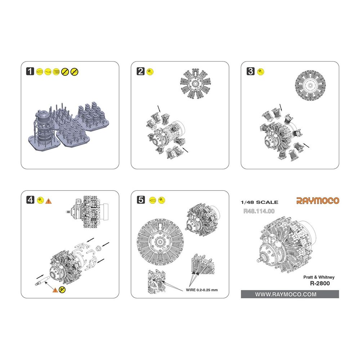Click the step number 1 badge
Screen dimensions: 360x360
click(30, 71)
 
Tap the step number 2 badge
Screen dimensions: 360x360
click(140, 71)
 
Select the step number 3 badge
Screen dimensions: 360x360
click(251, 71)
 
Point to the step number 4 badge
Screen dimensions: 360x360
click(30, 200)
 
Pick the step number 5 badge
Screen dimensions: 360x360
click(140, 200)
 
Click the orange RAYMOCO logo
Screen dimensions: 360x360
click(318, 201)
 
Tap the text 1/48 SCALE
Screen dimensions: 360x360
click(260, 202)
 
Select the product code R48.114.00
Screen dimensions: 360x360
click(259, 211)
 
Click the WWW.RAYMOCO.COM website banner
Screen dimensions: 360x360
click(290, 294)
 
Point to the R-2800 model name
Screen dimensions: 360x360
click(320, 283)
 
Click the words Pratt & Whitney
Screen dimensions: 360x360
click(319, 277)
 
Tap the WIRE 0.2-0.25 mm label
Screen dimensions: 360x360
click(202, 290)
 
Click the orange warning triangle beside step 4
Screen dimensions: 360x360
click(49, 201)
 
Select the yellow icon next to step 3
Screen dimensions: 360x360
click(261, 72)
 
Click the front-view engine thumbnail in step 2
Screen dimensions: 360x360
click(195, 84)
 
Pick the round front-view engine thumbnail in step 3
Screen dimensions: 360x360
click(310, 85)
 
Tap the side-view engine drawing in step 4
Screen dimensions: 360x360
click(87, 211)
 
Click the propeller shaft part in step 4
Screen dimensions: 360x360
click(42, 281)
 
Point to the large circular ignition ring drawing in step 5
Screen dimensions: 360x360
click(160, 242)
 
